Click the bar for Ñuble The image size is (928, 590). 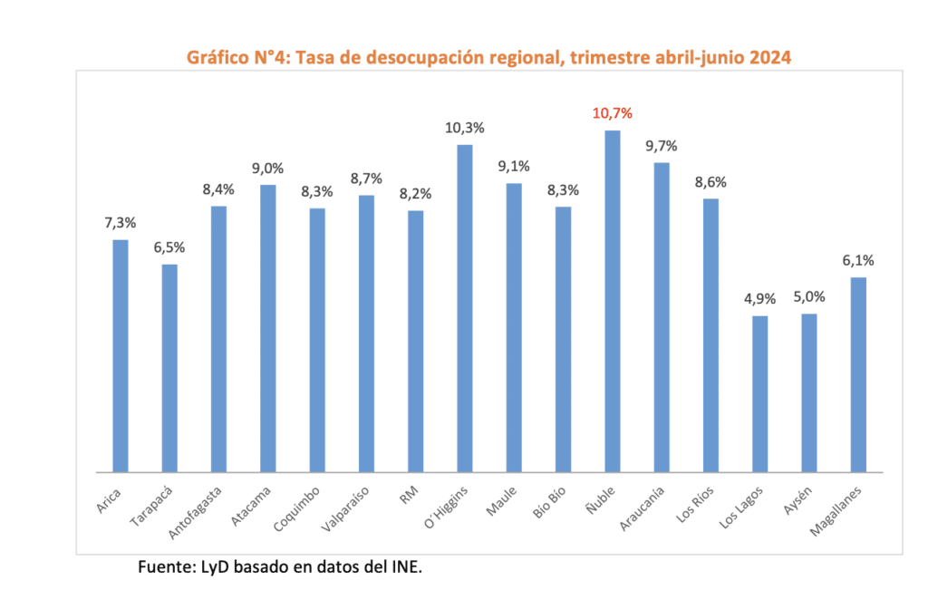coord(613,301)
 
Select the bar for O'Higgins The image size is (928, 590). coord(465,308)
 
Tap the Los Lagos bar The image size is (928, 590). coord(759,393)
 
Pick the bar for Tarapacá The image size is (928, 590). coord(169,368)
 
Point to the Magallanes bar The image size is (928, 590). coord(858,374)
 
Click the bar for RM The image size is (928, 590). coord(415,341)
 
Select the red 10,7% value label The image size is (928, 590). coord(613,113)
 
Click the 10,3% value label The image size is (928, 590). coord(464,128)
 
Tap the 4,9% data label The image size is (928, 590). coord(759,299)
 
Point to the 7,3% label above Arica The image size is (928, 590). coord(121,223)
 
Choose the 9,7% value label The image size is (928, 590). coord(662,146)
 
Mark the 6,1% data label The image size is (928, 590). coord(858,260)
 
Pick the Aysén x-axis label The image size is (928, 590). coord(799,499)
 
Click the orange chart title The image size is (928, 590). coord(489,58)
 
